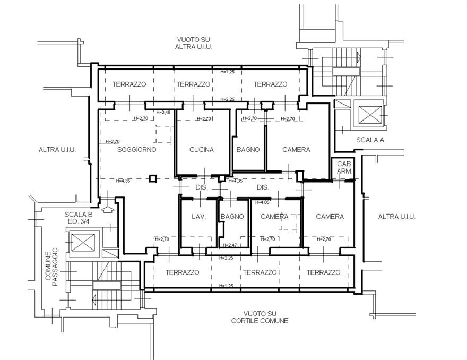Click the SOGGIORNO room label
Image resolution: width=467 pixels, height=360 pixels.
pyautogui.click(x=136, y=150)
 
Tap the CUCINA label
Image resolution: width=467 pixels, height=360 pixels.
pyautogui.click(x=202, y=150)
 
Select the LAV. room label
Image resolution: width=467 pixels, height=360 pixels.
pyautogui.click(x=199, y=217)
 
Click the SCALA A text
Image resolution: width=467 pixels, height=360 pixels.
pyautogui.click(x=369, y=140)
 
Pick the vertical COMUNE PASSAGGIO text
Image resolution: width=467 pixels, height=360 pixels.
pyautogui.click(x=51, y=269)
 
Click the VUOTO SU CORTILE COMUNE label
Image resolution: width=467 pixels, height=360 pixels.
pyautogui.click(x=260, y=317)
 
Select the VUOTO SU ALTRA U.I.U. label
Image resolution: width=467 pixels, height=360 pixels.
pyautogui.click(x=194, y=43)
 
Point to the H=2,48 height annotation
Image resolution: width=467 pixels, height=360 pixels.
pyautogui.click(x=163, y=112)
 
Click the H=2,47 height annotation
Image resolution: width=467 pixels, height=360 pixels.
pyautogui.click(x=229, y=245)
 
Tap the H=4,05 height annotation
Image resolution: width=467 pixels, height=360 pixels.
pyautogui.click(x=262, y=202)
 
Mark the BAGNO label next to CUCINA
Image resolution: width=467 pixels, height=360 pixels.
pyautogui.click(x=248, y=150)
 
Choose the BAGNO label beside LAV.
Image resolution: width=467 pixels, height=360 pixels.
pyautogui.click(x=232, y=217)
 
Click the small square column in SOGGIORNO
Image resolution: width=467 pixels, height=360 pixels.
pyautogui.click(x=153, y=178)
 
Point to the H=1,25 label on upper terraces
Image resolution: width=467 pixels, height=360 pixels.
pyautogui.click(x=227, y=71)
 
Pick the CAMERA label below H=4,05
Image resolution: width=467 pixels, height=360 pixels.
pyautogui.click(x=274, y=217)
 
